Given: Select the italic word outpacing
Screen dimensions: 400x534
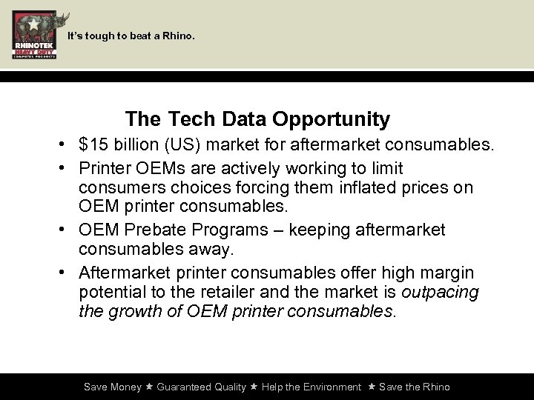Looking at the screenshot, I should point(441,293).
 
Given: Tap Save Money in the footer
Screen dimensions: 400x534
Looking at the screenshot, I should point(112,387).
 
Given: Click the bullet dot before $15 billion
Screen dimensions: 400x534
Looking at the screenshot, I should point(66,144).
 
